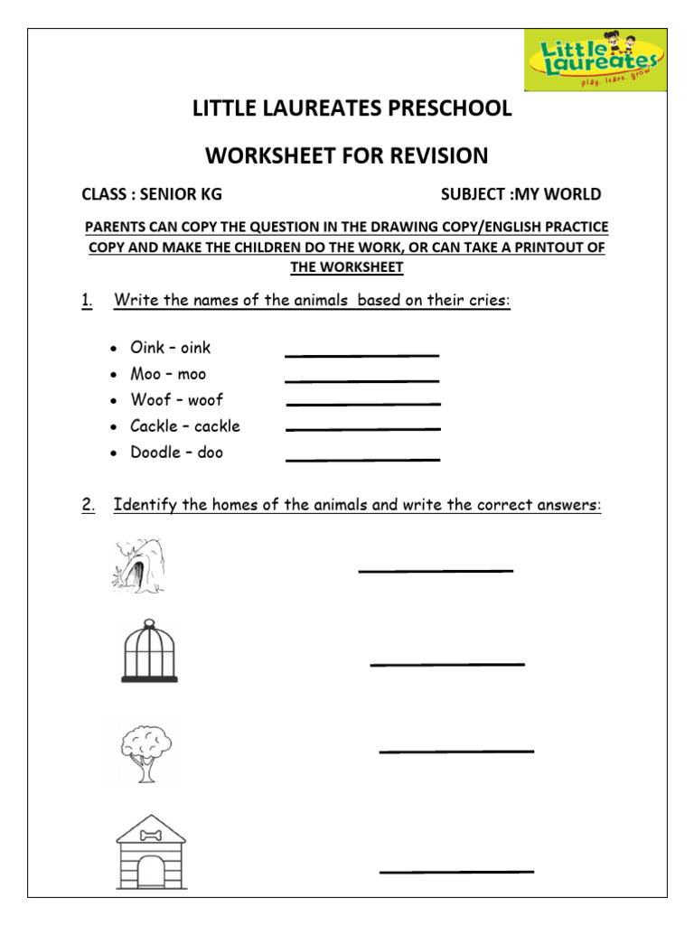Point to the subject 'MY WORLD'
[x=558, y=194]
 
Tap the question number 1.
[x=87, y=301]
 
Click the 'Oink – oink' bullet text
[x=170, y=348]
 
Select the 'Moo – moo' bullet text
[x=168, y=374]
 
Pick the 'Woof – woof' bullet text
[x=176, y=400]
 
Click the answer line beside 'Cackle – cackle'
[x=363, y=429]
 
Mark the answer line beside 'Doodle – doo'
[x=363, y=460]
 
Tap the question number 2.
[x=88, y=505]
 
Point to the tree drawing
[x=145, y=752]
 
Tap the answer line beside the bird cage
[x=447, y=665]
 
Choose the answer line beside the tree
[x=456, y=751]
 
